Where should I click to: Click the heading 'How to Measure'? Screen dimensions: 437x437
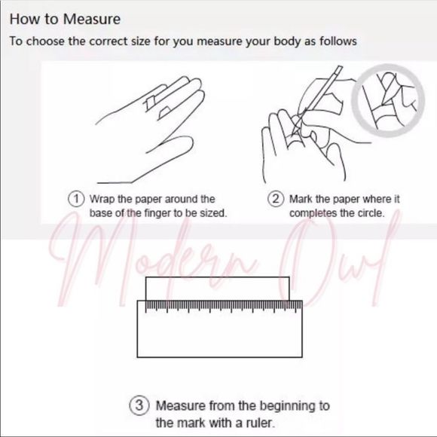click(x=65, y=20)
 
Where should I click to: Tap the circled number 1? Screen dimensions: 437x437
click(x=76, y=199)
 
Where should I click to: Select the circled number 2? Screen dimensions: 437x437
click(x=276, y=199)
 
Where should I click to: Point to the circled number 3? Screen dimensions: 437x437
click(x=139, y=405)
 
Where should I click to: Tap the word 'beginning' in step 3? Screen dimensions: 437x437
click(x=292, y=406)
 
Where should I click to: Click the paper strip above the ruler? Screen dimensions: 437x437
click(x=218, y=289)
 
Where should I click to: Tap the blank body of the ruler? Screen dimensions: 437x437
click(x=219, y=335)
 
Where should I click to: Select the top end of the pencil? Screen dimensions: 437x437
click(x=340, y=67)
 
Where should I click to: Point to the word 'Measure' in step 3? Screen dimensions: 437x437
click(x=181, y=406)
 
